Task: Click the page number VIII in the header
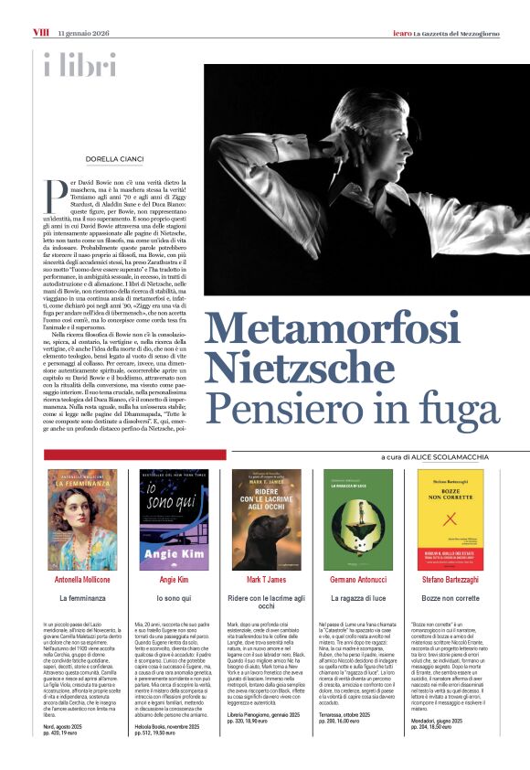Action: tap(40, 33)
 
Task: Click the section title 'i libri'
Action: tap(79, 65)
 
